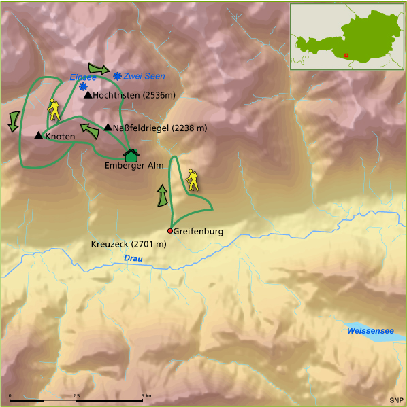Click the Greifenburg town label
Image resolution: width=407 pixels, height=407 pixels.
pos(198,231)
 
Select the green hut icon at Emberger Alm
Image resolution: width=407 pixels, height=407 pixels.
pos(131,156)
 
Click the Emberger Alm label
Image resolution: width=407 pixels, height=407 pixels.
pos(133,165)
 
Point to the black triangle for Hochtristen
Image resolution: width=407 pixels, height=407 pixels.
pos(87,95)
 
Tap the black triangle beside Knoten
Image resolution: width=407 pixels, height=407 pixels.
pos(38,136)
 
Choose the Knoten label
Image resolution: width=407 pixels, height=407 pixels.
pos(59,137)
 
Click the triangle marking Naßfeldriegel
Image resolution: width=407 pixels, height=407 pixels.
pos(108,127)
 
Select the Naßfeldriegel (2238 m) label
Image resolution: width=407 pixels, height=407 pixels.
pos(159,128)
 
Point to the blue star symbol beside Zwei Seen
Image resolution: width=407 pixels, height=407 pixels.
pos(118,77)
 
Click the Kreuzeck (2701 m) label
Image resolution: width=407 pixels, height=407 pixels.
pos(128,243)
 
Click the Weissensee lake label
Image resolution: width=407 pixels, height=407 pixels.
pos(370,330)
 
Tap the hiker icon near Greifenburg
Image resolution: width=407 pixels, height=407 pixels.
pos(194,179)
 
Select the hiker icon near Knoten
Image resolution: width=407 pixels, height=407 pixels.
pos(53,109)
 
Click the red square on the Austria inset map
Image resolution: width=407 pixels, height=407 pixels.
pos(346,55)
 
